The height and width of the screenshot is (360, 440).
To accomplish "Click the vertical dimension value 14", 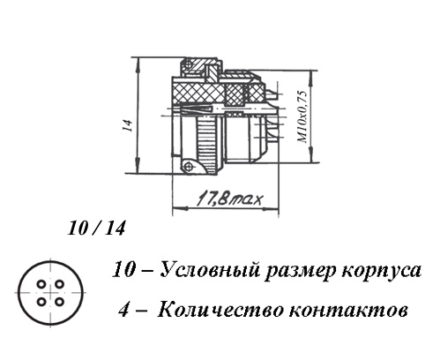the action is tap(128, 125).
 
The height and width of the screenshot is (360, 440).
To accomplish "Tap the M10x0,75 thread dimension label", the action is tap(303, 117).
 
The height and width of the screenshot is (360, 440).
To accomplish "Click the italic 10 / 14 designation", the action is tap(96, 229).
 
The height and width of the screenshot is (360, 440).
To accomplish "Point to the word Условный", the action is tap(210, 270).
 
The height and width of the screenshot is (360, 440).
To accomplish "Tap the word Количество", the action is tap(221, 310).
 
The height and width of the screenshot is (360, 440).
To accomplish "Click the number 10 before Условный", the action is tap(125, 270).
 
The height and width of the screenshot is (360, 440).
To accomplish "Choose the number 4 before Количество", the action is tap(124, 310).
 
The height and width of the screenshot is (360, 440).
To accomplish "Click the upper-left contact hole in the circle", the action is tap(41, 284).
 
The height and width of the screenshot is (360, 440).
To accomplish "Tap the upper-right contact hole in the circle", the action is tap(60, 284).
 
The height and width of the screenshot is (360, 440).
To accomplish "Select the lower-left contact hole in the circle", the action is tap(41, 302).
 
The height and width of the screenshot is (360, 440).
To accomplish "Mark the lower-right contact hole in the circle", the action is tap(60, 302).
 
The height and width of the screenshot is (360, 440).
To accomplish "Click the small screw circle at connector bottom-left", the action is tap(188, 167).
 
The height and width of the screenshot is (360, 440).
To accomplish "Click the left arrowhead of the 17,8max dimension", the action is tap(179, 208).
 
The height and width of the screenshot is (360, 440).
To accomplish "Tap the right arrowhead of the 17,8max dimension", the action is tap(272, 208).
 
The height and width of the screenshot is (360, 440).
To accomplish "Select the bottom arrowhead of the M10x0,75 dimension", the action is tap(311, 155).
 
